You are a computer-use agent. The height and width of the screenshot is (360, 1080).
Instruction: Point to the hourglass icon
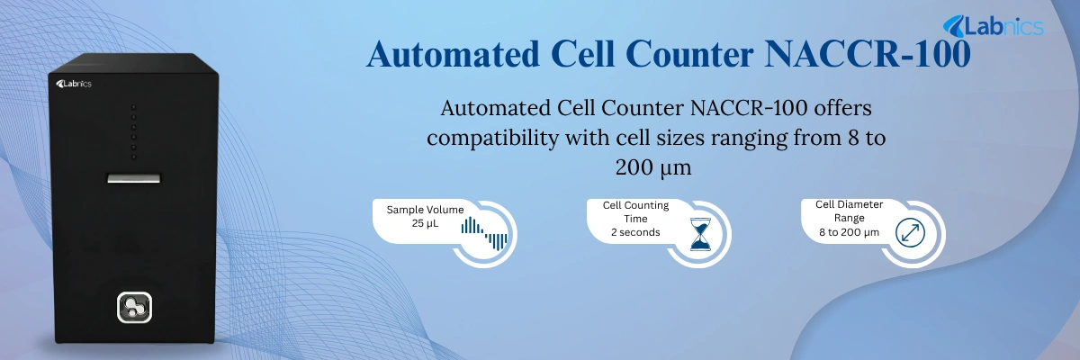tap(699, 233)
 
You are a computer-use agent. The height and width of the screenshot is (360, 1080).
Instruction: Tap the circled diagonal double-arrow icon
tap(911, 233)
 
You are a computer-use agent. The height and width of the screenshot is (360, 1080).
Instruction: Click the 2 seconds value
tap(635, 232)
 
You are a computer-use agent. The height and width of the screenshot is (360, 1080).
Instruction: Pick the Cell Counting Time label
tap(635, 211)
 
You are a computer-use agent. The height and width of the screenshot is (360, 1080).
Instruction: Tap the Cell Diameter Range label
tap(849, 211)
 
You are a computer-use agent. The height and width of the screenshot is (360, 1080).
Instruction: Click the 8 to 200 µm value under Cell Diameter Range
tap(849, 233)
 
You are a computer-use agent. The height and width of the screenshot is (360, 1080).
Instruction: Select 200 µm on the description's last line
tap(653, 167)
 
